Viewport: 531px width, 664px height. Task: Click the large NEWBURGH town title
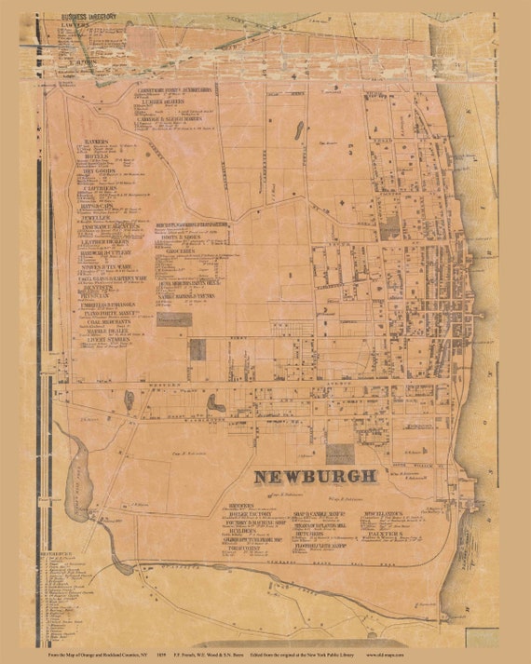click(316, 476)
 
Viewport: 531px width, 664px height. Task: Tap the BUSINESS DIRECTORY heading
click(88, 17)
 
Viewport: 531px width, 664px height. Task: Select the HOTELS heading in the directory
click(96, 157)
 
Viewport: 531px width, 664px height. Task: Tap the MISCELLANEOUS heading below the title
click(382, 514)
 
